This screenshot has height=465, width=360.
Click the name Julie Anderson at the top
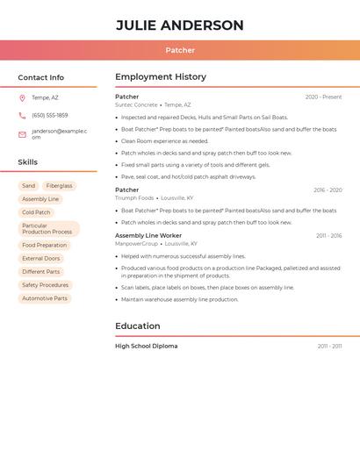click(180, 25)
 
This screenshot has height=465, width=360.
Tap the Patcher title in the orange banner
click(180, 50)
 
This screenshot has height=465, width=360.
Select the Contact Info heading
click(40, 77)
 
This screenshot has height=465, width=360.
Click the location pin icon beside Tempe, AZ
click(22, 97)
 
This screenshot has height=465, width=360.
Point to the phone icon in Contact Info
click(22, 115)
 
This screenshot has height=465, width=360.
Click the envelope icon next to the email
click(22, 134)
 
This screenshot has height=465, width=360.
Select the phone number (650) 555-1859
click(49, 115)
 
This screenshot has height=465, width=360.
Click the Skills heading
click(27, 162)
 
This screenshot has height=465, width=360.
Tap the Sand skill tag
click(29, 186)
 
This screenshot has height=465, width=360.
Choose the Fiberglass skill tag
click(59, 186)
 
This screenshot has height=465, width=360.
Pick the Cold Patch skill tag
click(36, 212)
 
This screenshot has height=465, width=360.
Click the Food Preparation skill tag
click(44, 246)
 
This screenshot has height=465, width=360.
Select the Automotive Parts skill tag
click(44, 298)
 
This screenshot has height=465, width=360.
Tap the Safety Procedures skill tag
click(45, 285)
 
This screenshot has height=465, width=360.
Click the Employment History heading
click(161, 77)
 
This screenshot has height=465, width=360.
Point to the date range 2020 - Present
click(323, 97)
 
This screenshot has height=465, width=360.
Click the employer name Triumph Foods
click(134, 198)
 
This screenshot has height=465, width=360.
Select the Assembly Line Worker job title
click(148, 235)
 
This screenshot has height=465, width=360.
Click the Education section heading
click(138, 326)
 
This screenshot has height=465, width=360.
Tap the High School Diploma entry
click(146, 347)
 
